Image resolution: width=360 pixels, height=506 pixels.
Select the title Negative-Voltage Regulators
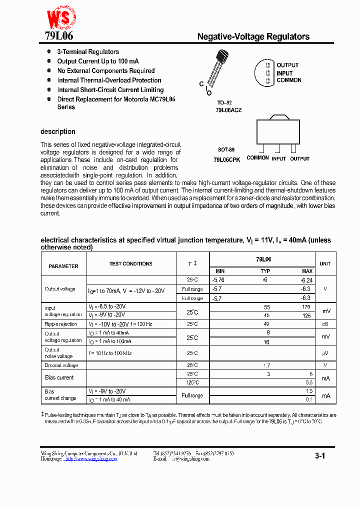(253, 36)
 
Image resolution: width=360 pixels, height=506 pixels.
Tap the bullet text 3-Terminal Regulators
(88, 51)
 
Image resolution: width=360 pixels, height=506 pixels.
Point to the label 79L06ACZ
(228, 109)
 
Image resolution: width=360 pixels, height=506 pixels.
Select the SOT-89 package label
(226, 149)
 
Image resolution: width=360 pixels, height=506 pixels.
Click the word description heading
(58, 131)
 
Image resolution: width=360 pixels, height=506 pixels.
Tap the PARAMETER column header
(63, 266)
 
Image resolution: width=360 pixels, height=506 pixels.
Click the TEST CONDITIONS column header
(131, 263)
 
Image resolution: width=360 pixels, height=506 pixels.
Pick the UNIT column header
(325, 263)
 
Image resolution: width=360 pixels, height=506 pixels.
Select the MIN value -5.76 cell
(218, 280)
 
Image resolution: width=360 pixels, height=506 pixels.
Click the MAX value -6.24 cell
(306, 280)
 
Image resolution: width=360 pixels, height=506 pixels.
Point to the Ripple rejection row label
(61, 324)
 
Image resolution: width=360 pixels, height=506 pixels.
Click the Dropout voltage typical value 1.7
(266, 365)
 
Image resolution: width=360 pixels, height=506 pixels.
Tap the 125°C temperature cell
(192, 382)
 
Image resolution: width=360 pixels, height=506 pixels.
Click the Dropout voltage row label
(61, 365)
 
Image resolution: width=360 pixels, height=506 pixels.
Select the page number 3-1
(320, 456)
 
